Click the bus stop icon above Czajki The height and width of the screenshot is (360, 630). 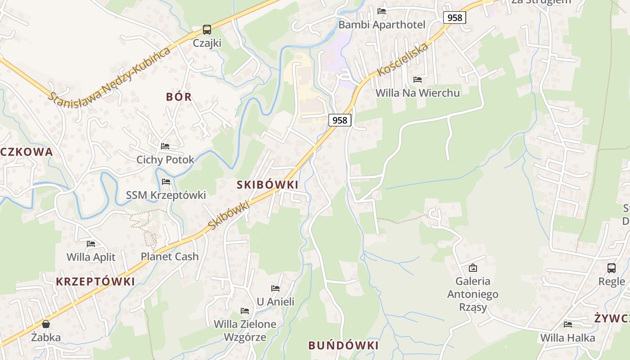pos(207,30)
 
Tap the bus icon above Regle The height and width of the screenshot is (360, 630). pos(612,268)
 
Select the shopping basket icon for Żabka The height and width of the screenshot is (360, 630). pos(45,324)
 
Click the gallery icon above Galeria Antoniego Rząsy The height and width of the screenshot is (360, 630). pos(473,268)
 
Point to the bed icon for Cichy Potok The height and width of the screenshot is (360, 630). pos(165,146)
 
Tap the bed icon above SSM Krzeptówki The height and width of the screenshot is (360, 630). pos(166,182)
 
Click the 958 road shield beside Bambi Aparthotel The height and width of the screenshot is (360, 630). pos(454,18)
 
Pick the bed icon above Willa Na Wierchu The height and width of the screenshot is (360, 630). pos(418,80)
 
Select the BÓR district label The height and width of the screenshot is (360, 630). pos(179,97)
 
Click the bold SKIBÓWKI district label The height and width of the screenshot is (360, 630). pos(267,184)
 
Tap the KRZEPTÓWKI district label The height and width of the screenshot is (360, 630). pos(95,282)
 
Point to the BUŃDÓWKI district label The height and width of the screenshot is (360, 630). pos(343,346)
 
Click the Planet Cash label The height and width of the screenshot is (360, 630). pos(170,256)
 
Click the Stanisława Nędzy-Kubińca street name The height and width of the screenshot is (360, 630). pos(110,74)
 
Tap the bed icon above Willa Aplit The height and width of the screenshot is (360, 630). pos(91,244)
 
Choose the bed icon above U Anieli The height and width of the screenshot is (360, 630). pos(275,288)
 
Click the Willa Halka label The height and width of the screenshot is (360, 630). pos(567,337)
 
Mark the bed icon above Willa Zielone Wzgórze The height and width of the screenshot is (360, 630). pos(245,311)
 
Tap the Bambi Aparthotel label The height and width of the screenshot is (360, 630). pos(382,24)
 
